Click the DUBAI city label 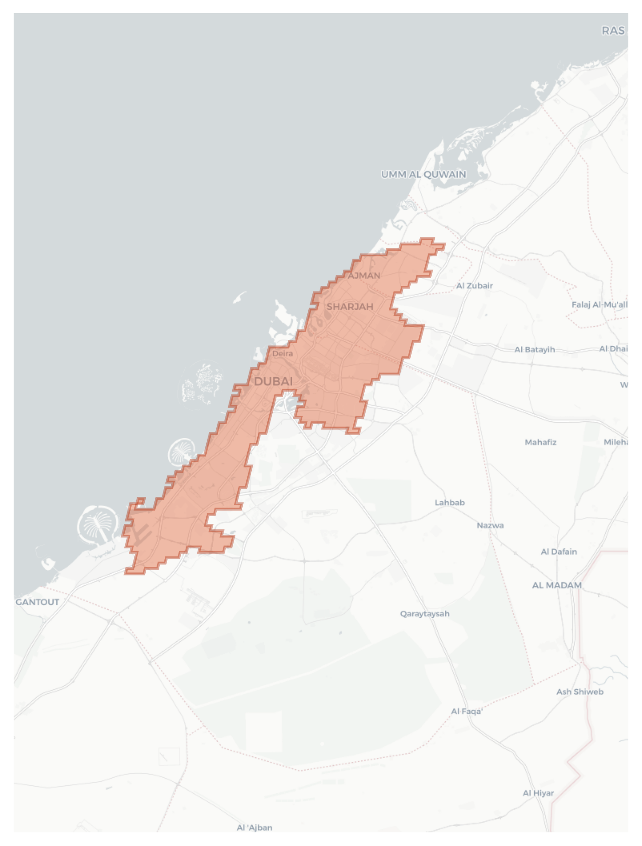tap(273, 381)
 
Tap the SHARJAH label tap(350, 307)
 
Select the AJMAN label tap(364, 276)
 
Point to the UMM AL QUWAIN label tap(423, 174)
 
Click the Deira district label tap(282, 354)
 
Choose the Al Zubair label tap(474, 286)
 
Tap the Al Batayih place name tap(535, 350)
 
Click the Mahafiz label tap(540, 442)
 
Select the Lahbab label tap(449, 502)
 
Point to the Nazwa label tap(490, 525)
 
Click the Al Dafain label tap(559, 552)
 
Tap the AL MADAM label tap(557, 585)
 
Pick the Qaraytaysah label tap(424, 613)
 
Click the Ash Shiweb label tap(580, 692)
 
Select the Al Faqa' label tap(467, 711)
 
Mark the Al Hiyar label tap(538, 793)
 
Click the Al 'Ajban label tap(255, 827)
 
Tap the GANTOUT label tap(37, 602)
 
